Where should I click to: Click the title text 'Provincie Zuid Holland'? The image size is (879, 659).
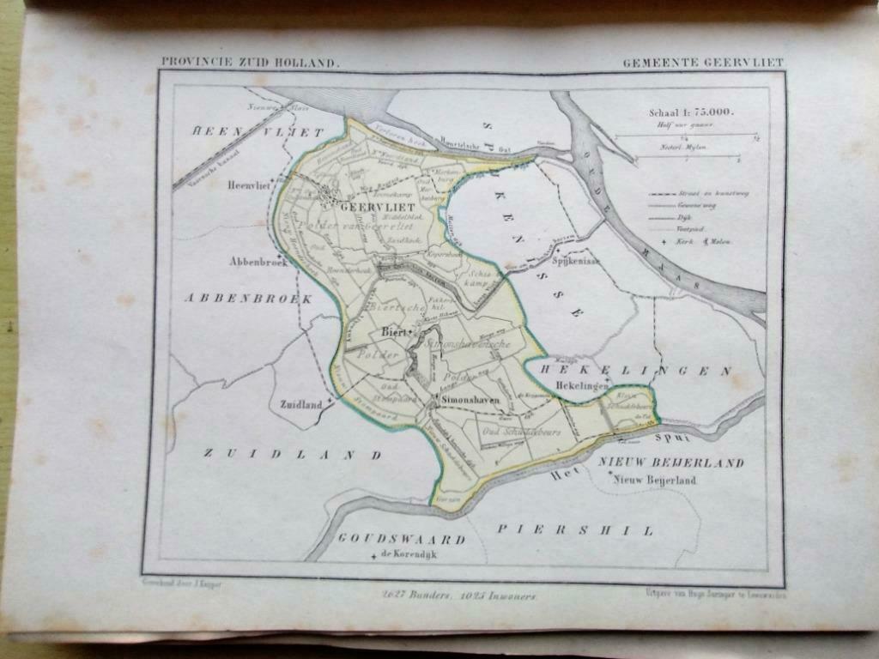pyautogui.click(x=250, y=63)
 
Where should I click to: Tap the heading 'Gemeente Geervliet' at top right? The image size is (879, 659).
pyautogui.click(x=703, y=63)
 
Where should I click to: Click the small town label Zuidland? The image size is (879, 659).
pyautogui.click(x=300, y=403)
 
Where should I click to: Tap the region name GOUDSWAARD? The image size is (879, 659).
pyautogui.click(x=401, y=540)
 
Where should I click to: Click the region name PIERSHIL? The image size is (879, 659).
pyautogui.click(x=574, y=529)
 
